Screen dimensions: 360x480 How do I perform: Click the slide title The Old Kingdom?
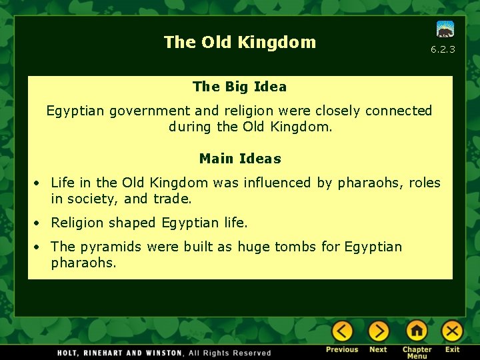pyautogui.click(x=240, y=42)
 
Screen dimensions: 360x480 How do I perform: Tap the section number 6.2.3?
pyautogui.click(x=443, y=49)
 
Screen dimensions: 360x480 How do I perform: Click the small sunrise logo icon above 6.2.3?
pyautogui.click(x=445, y=29)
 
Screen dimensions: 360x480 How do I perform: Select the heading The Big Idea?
pyautogui.click(x=239, y=87)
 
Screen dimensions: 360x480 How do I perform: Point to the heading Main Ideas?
pyautogui.click(x=240, y=159)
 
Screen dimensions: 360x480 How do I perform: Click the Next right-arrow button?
pyautogui.click(x=378, y=331)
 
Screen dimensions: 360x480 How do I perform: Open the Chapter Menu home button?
pyautogui.click(x=417, y=331)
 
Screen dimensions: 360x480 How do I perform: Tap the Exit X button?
pyautogui.click(x=452, y=331)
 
